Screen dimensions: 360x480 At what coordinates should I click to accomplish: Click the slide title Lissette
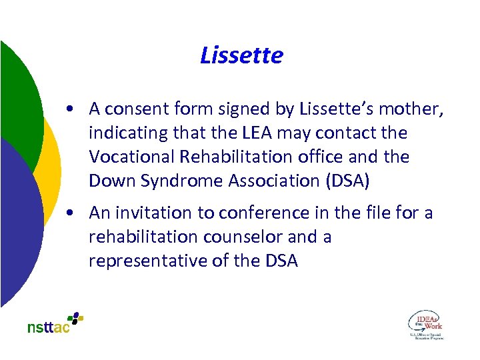click(x=241, y=55)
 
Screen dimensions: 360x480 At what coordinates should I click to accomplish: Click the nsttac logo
click(x=55, y=323)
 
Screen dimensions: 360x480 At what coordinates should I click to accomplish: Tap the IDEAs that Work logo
click(x=425, y=324)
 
